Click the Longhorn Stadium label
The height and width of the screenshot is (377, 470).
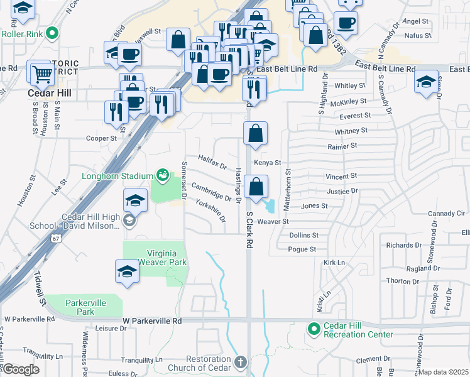tap(117, 176)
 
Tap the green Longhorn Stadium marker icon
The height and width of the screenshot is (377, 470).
tap(163, 174)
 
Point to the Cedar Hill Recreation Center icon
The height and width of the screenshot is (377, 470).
tap(313, 329)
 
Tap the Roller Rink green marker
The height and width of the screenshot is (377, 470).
tap(53, 33)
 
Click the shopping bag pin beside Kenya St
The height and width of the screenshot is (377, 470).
tap(256, 133)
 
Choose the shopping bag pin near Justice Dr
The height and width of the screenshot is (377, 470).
tap(256, 187)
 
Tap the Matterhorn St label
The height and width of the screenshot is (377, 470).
tap(288, 187)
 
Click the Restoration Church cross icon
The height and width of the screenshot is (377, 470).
tap(239, 363)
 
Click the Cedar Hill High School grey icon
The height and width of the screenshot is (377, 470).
tap(129, 220)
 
